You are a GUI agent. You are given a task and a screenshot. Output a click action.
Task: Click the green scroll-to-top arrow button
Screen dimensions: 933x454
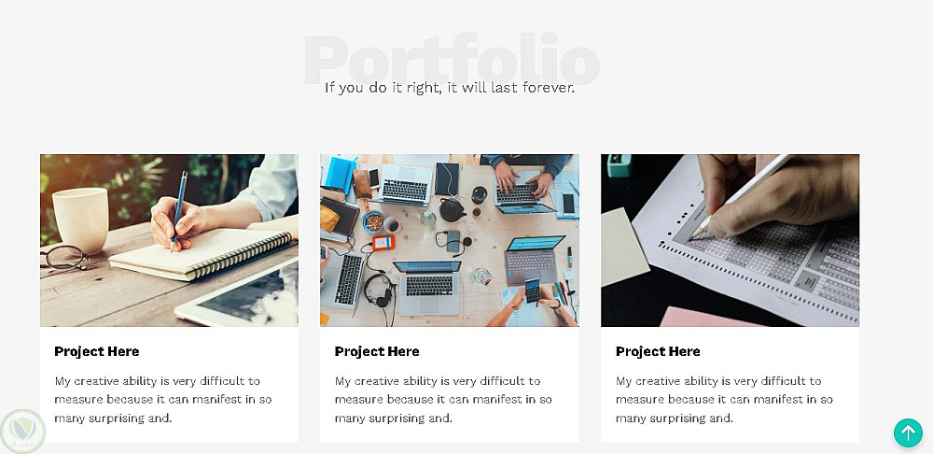click(908, 433)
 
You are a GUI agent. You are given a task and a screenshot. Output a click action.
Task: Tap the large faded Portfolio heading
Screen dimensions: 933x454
click(452, 60)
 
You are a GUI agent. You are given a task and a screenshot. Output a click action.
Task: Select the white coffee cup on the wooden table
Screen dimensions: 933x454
click(80, 220)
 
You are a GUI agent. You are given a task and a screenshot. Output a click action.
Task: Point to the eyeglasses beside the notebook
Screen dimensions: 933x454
click(63, 257)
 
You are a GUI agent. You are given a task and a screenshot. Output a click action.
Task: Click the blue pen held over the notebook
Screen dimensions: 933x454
click(178, 211)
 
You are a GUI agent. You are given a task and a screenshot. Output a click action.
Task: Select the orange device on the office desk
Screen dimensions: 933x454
click(383, 242)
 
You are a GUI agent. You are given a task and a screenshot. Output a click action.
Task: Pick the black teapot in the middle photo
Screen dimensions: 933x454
click(452, 210)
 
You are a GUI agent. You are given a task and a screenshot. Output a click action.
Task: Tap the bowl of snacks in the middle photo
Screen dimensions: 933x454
click(372, 221)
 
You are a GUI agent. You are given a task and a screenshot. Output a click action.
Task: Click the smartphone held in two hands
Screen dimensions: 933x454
click(532, 291)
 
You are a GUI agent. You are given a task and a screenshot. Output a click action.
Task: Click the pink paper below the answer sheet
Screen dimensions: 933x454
click(711, 317)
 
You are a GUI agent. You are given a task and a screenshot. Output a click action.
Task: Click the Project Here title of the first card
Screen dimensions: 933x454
click(96, 351)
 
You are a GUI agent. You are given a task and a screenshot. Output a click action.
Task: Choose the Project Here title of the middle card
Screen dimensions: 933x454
click(377, 351)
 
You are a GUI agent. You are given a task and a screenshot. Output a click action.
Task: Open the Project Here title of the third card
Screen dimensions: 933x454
click(658, 351)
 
